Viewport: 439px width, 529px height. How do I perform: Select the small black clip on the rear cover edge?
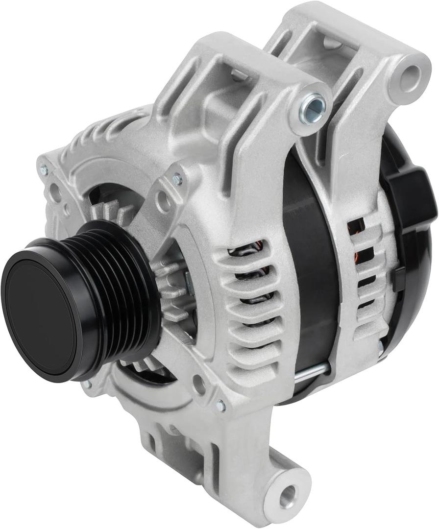(x=397, y=279)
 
